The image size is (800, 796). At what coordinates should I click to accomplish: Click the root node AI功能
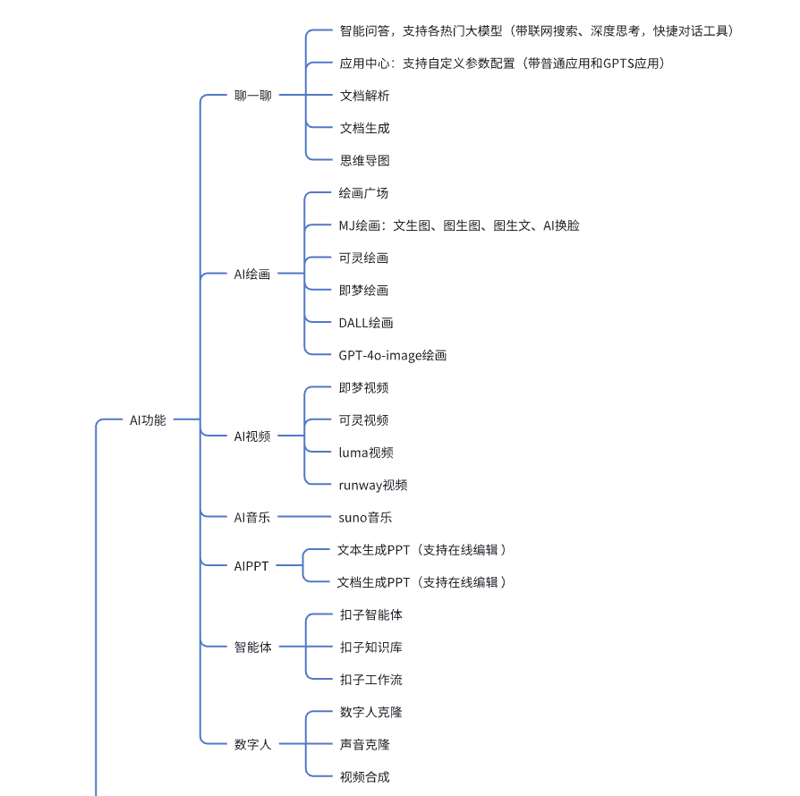pyautogui.click(x=148, y=420)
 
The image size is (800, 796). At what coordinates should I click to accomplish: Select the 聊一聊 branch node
pyautogui.click(x=253, y=96)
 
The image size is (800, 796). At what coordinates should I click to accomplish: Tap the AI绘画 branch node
pyautogui.click(x=252, y=275)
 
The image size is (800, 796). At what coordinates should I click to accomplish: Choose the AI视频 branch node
pyautogui.click(x=252, y=436)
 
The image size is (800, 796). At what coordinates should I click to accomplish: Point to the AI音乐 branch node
pyautogui.click(x=252, y=518)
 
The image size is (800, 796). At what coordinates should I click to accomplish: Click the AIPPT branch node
pyautogui.click(x=251, y=566)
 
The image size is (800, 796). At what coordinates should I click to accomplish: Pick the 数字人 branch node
pyautogui.click(x=253, y=744)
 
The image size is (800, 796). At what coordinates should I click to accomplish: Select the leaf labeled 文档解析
pyautogui.click(x=365, y=96)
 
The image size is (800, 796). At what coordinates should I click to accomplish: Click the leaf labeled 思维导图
pyautogui.click(x=365, y=161)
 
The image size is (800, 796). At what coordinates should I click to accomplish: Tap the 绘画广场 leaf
pyautogui.click(x=364, y=193)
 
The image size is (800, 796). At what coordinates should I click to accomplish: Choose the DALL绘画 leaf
pyautogui.click(x=366, y=323)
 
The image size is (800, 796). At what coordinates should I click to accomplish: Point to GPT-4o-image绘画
pyautogui.click(x=392, y=355)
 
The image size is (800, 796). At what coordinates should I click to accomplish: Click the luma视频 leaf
pyautogui.click(x=366, y=453)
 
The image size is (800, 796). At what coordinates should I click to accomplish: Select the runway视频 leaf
pyautogui.click(x=373, y=485)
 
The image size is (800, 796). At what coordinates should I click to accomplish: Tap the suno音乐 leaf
pyautogui.click(x=365, y=518)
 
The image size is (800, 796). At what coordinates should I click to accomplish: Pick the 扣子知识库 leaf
pyautogui.click(x=371, y=648)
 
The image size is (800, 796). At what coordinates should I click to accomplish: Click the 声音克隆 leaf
pyautogui.click(x=365, y=744)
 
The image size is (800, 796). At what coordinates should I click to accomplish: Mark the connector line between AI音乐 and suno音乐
pyautogui.click(x=304, y=517)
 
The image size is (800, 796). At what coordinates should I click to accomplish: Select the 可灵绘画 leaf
pyautogui.click(x=364, y=258)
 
